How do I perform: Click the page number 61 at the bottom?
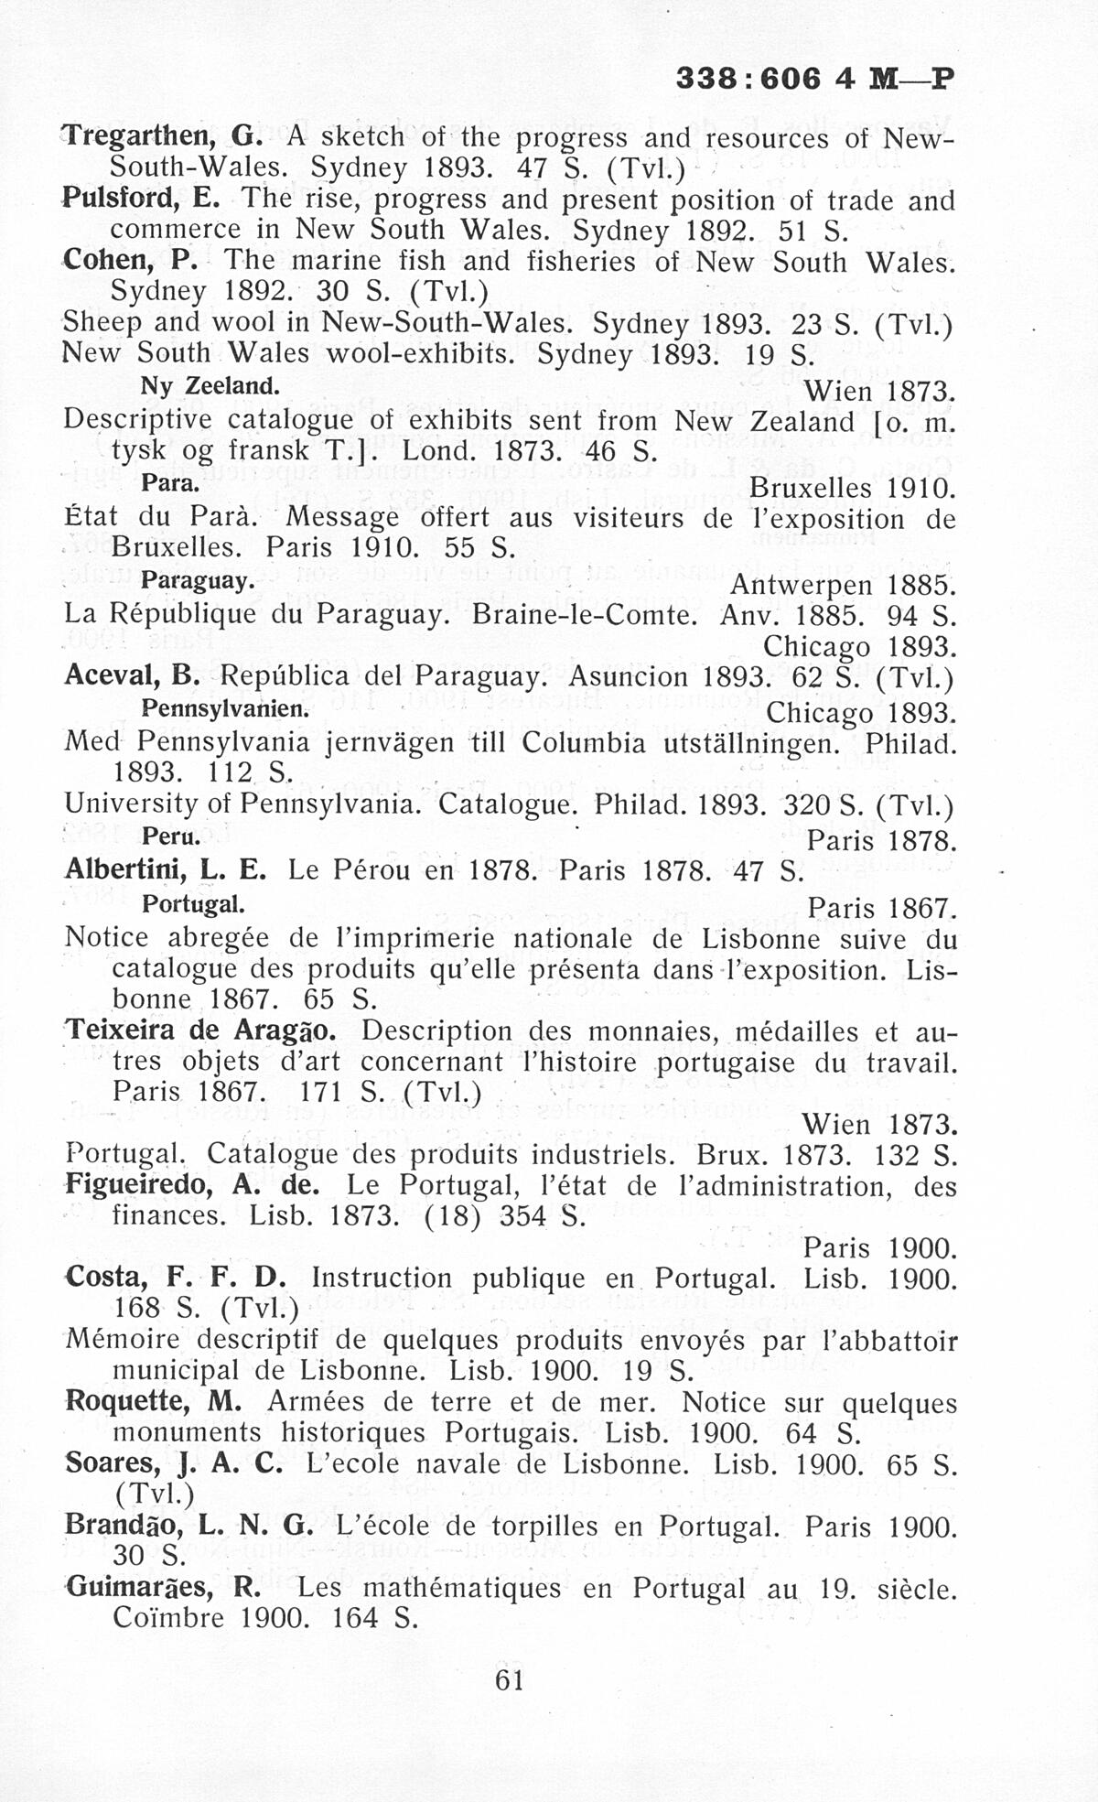pyautogui.click(x=509, y=1679)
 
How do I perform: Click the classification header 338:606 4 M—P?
pyautogui.click(x=814, y=79)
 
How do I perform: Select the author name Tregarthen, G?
pyautogui.click(x=163, y=137)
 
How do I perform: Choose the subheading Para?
pyautogui.click(x=171, y=483)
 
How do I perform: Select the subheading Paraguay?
pyautogui.click(x=197, y=581)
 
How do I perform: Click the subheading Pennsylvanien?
pyautogui.click(x=226, y=709)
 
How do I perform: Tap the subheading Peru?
pyautogui.click(x=171, y=836)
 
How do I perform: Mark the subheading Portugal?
pyautogui.click(x=193, y=904)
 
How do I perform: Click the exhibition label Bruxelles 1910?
pyautogui.click(x=852, y=488)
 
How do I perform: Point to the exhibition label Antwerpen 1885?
pyautogui.click(x=844, y=584)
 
